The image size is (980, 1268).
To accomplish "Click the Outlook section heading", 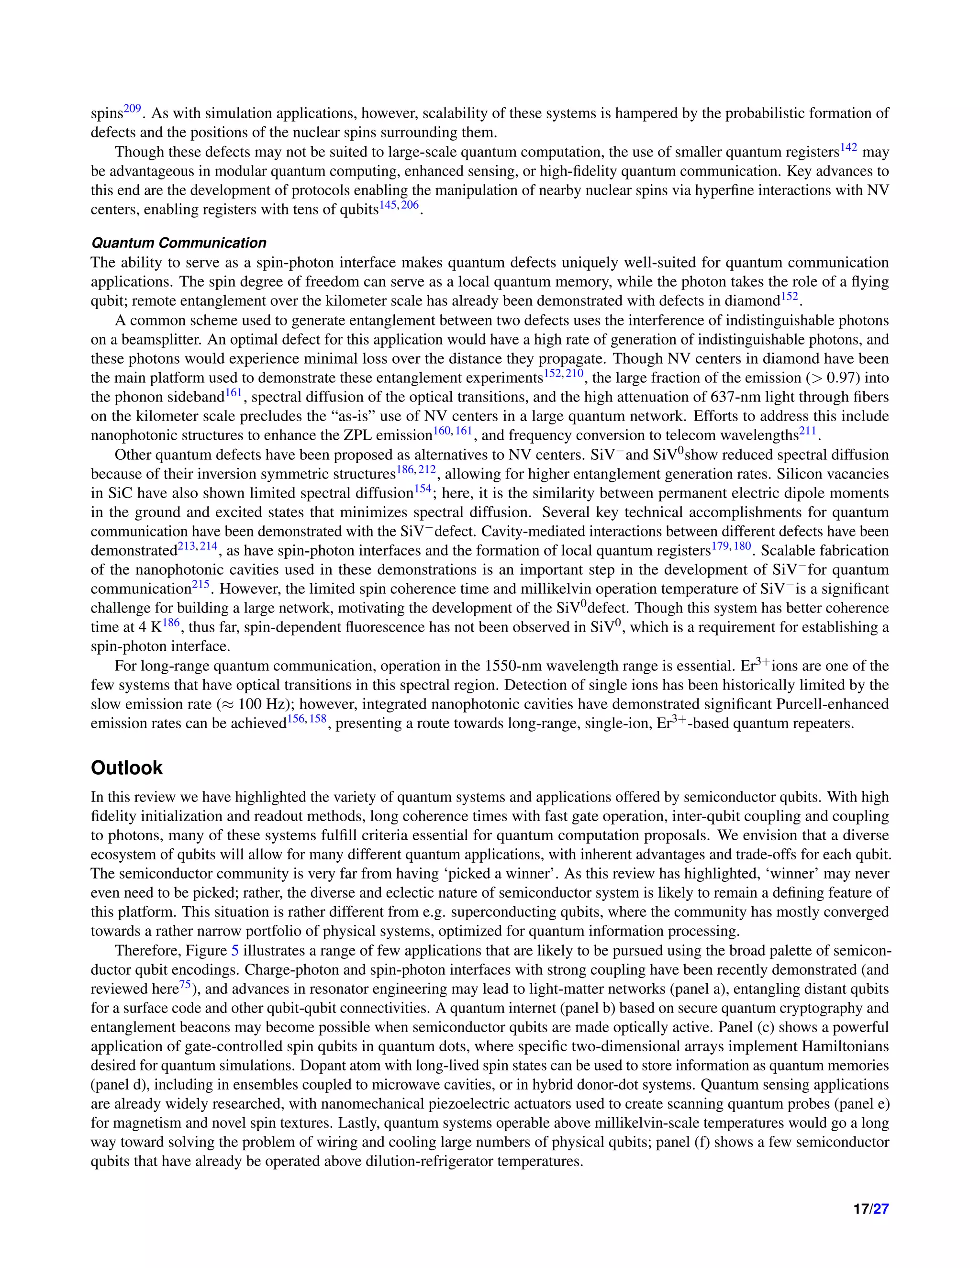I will tap(126, 767).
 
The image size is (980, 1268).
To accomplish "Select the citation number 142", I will tap(849, 147).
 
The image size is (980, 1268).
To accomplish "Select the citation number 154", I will tap(422, 489).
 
